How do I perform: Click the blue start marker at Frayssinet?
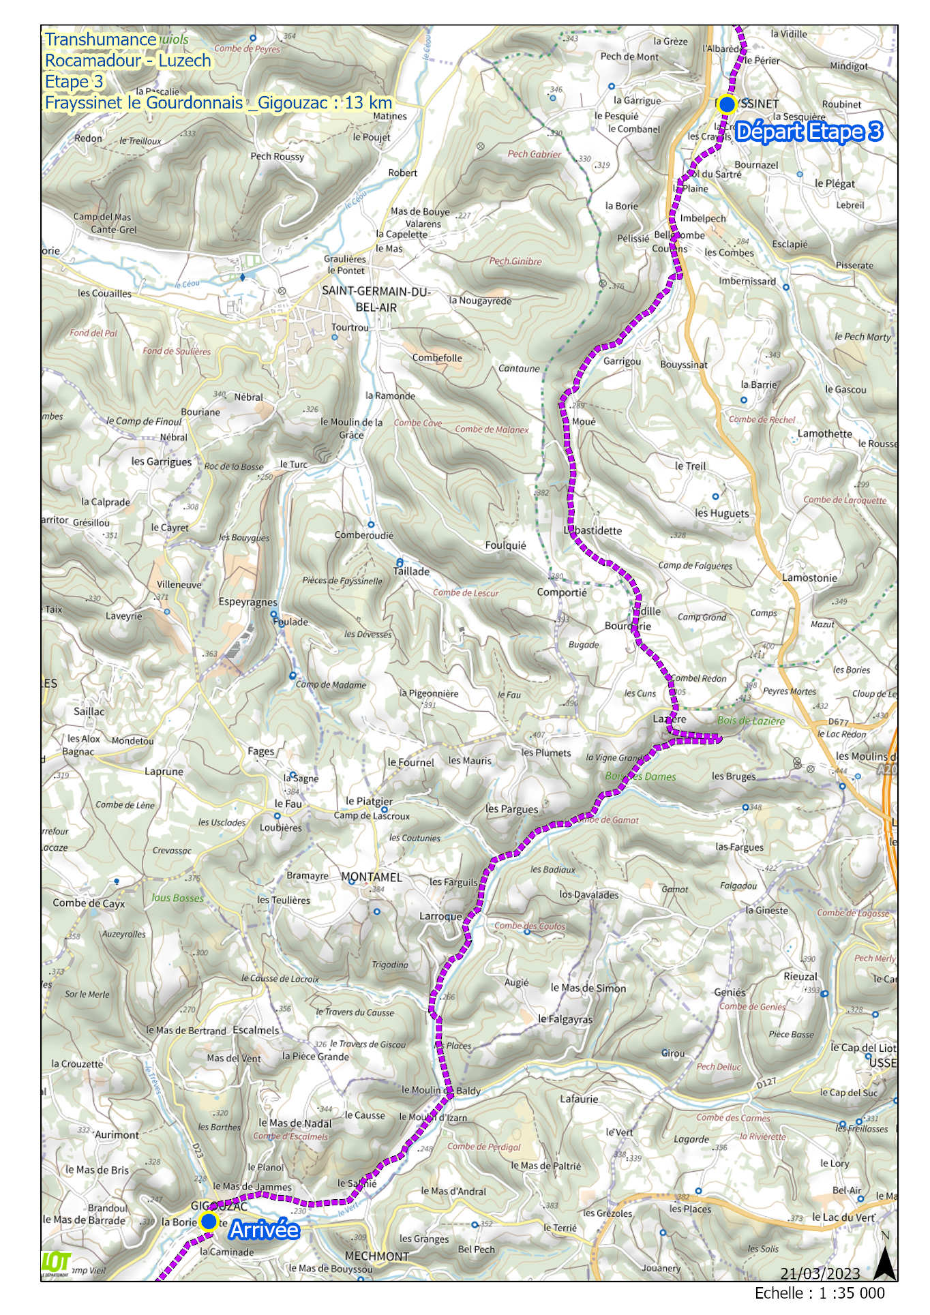click(x=726, y=104)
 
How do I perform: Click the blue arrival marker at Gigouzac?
click(x=209, y=1221)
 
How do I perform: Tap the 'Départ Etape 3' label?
click(x=809, y=132)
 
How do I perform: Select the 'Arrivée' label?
click(x=264, y=1230)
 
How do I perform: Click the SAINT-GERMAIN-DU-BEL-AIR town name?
click(x=376, y=299)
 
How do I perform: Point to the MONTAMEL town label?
click(x=372, y=877)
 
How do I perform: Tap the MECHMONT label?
click(x=377, y=1256)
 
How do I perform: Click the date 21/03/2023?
click(x=820, y=1273)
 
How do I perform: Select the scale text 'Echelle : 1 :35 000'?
click(x=819, y=1293)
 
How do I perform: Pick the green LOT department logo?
click(x=56, y=1263)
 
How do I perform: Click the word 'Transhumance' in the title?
click(x=101, y=40)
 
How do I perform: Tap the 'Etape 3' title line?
click(x=74, y=82)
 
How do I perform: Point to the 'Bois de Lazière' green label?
click(x=751, y=721)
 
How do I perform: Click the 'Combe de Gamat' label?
click(x=607, y=819)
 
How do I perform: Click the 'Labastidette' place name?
click(x=592, y=530)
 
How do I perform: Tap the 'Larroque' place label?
click(x=440, y=916)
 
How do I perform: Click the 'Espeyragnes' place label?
click(x=247, y=602)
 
